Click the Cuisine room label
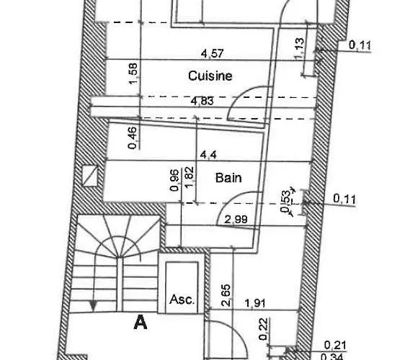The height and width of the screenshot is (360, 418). (210, 76)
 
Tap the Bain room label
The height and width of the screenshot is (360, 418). (228, 178)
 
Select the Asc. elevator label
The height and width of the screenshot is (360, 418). (182, 300)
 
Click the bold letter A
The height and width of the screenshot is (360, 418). (141, 322)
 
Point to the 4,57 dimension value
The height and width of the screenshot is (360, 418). (213, 53)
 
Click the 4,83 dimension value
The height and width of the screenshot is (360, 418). (203, 102)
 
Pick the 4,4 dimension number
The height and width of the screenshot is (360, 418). (208, 154)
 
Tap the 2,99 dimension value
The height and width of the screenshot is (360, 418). (236, 220)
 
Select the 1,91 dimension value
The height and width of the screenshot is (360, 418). (255, 303)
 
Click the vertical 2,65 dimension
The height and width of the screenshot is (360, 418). (226, 296)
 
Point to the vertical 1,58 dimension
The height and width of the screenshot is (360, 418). (133, 73)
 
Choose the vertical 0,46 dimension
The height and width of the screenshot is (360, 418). (133, 138)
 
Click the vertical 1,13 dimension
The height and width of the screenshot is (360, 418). (299, 48)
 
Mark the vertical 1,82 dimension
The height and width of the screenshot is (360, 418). (189, 178)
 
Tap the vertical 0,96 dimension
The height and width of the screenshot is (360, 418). (174, 180)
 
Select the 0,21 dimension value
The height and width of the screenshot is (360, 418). (335, 346)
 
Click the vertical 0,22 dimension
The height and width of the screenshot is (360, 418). (263, 329)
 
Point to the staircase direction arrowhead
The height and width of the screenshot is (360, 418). (93, 306)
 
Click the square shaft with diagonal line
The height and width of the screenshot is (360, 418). (90, 176)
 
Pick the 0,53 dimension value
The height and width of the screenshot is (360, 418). (285, 202)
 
